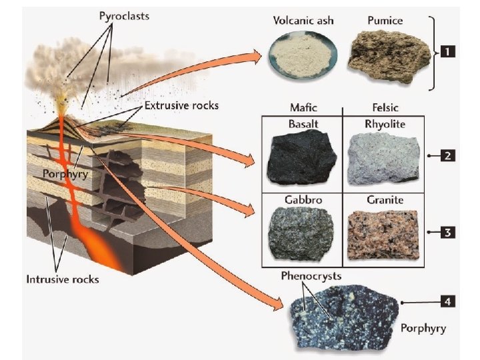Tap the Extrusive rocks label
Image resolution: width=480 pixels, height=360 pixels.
[x=182, y=105]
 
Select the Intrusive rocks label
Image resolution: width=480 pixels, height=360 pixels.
[x=63, y=279]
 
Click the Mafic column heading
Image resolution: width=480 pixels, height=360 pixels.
[x=304, y=107]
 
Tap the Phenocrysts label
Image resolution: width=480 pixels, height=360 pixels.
[x=311, y=275]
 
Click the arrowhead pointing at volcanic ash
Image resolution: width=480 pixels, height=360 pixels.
[x=256, y=57]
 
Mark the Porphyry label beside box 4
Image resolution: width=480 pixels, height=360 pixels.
[x=423, y=329]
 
